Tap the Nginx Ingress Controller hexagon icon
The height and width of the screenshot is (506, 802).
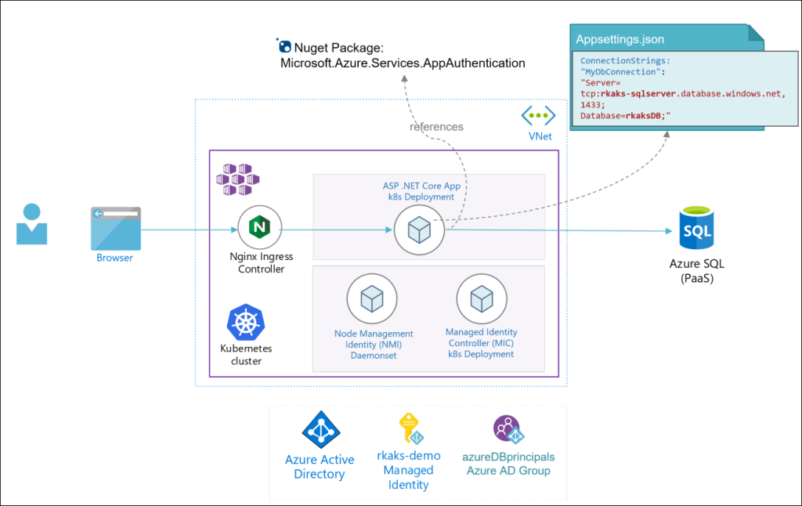259,229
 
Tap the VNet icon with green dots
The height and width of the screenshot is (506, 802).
539,116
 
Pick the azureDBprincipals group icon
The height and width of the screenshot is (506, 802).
508,430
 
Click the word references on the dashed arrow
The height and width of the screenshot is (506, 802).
436,126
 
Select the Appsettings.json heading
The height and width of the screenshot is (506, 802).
620,39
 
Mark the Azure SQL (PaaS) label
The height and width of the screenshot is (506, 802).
698,271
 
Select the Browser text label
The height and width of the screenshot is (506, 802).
114,257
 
